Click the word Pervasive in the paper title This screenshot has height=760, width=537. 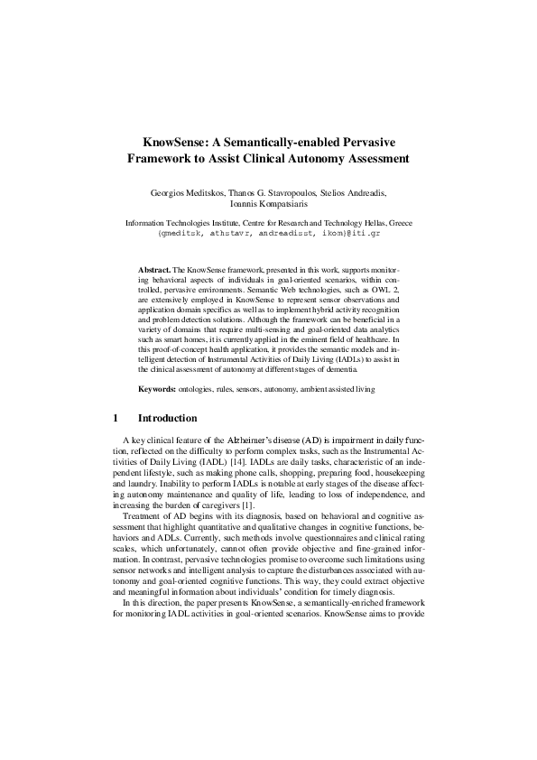point(366,143)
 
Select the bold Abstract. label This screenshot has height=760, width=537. point(154,270)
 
